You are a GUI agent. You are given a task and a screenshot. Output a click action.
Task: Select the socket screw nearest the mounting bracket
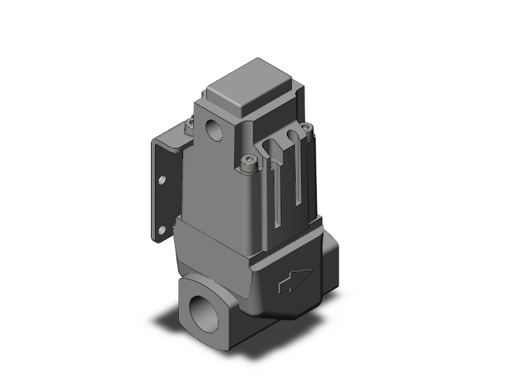[x=190, y=125]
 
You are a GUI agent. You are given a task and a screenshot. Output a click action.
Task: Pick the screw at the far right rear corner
[x=307, y=127]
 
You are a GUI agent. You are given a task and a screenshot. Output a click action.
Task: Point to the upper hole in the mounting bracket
[x=162, y=181]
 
